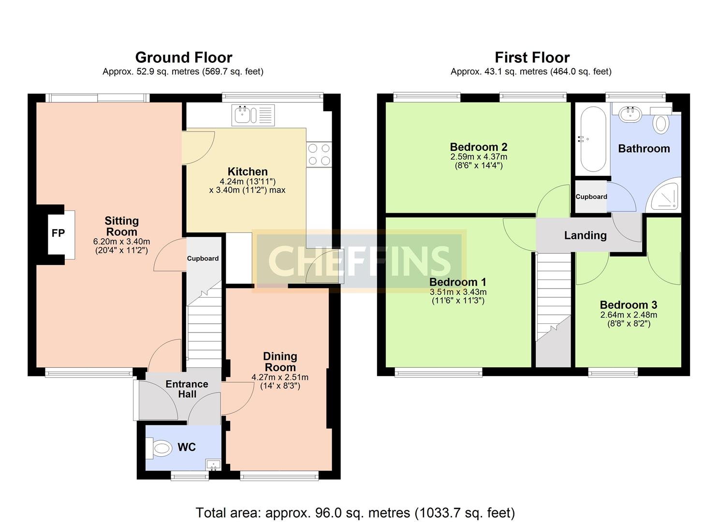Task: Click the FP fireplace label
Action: pos(58,233)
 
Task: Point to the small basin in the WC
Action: pos(213,464)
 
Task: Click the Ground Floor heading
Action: pos(184,58)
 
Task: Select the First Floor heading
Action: pos(532,58)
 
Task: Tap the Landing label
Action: pos(585,235)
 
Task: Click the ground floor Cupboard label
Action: pos(203,259)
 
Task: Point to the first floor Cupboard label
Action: pos(591,197)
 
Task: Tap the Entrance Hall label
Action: pos(187,389)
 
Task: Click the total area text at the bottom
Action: pos(355,512)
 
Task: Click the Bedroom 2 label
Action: pos(478,147)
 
